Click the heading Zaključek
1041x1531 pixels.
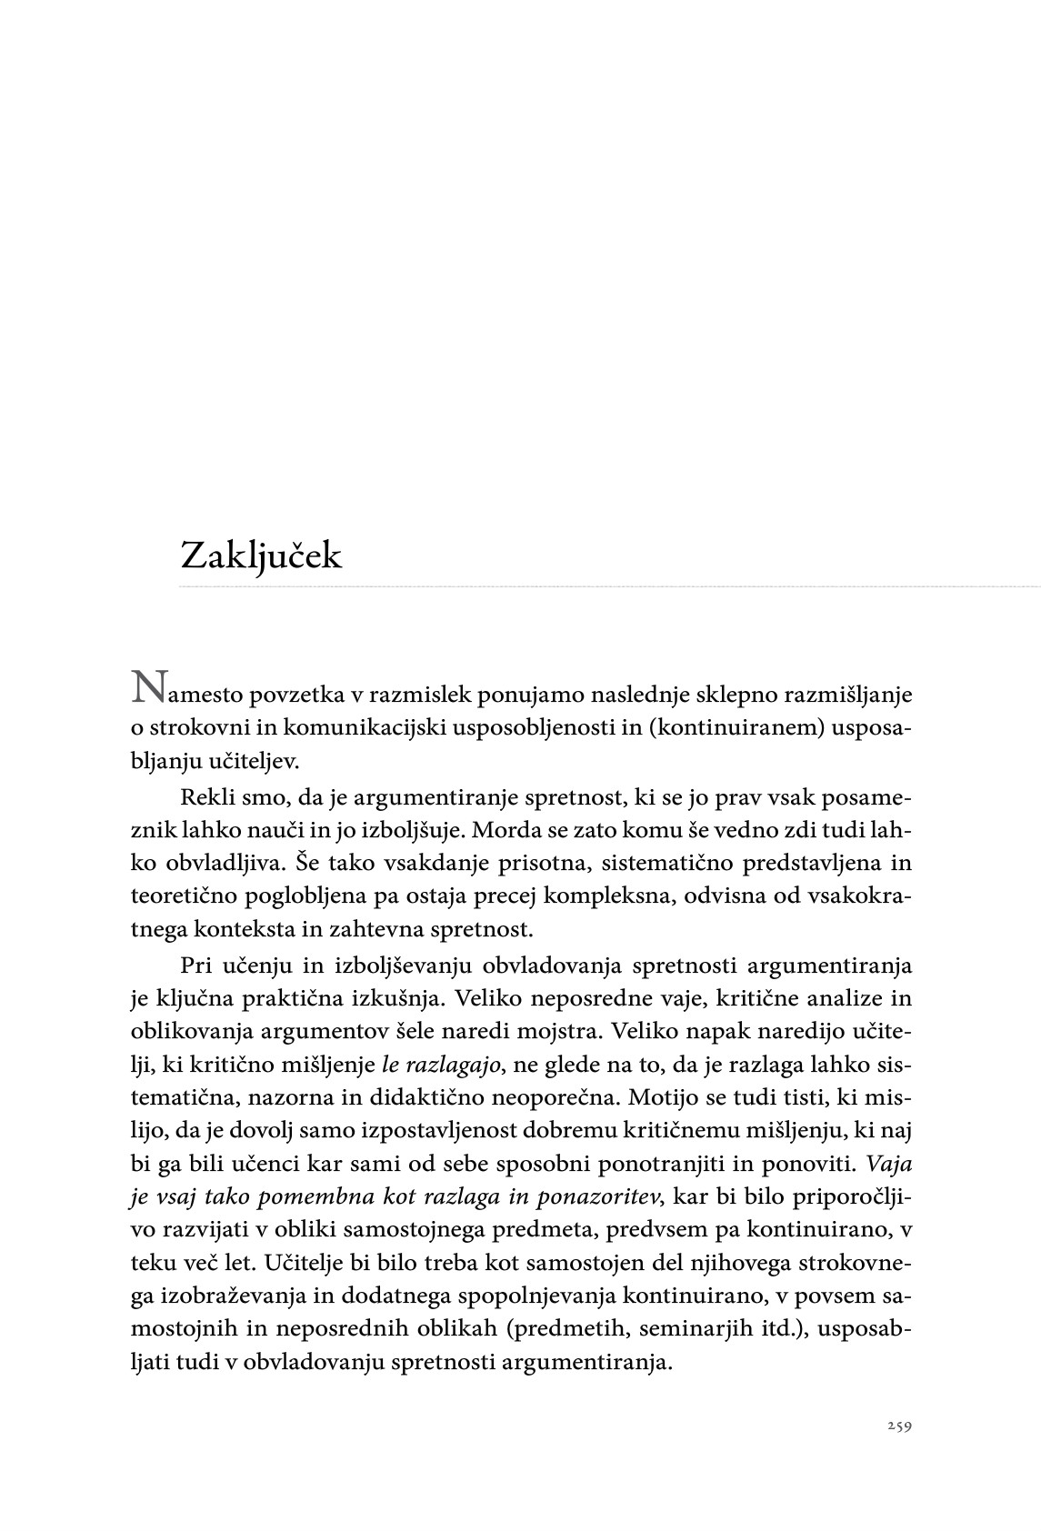point(261,555)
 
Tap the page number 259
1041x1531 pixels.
point(899,1426)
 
